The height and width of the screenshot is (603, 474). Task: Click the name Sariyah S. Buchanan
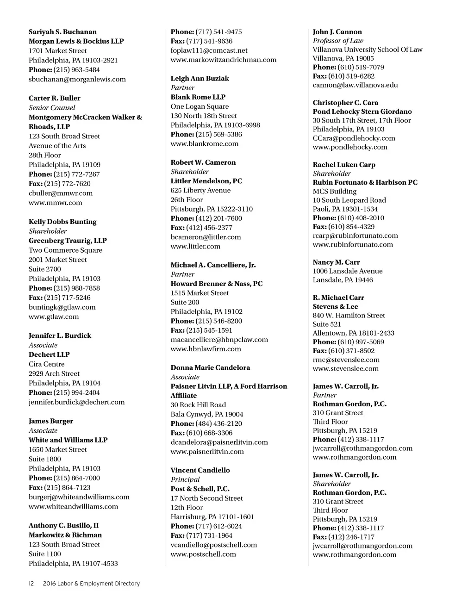62,32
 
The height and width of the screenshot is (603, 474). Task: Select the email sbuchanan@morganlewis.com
77,79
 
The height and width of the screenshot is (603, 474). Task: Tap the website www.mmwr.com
55,203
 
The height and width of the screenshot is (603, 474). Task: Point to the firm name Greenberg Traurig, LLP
68,241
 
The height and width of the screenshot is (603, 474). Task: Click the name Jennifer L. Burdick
60,336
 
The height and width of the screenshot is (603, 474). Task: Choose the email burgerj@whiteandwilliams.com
79,497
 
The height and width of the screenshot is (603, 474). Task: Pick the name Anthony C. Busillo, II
63,526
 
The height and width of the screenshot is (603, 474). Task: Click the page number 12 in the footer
31,584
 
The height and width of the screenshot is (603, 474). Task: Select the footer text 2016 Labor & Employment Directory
91,584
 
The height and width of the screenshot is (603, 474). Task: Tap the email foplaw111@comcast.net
209,50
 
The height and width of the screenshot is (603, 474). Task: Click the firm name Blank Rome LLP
198,97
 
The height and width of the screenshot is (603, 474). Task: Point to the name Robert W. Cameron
203,162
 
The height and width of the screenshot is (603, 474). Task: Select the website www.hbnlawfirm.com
206,349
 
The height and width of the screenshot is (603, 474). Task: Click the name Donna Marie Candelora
210,368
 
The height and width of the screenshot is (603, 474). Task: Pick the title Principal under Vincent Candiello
185,479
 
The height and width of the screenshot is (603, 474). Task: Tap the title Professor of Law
338,41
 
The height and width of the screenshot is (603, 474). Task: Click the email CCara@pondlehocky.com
354,138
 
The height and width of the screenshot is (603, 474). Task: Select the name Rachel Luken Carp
343,165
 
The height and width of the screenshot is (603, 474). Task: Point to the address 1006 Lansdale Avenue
347,271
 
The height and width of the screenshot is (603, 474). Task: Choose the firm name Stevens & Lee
335,306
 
